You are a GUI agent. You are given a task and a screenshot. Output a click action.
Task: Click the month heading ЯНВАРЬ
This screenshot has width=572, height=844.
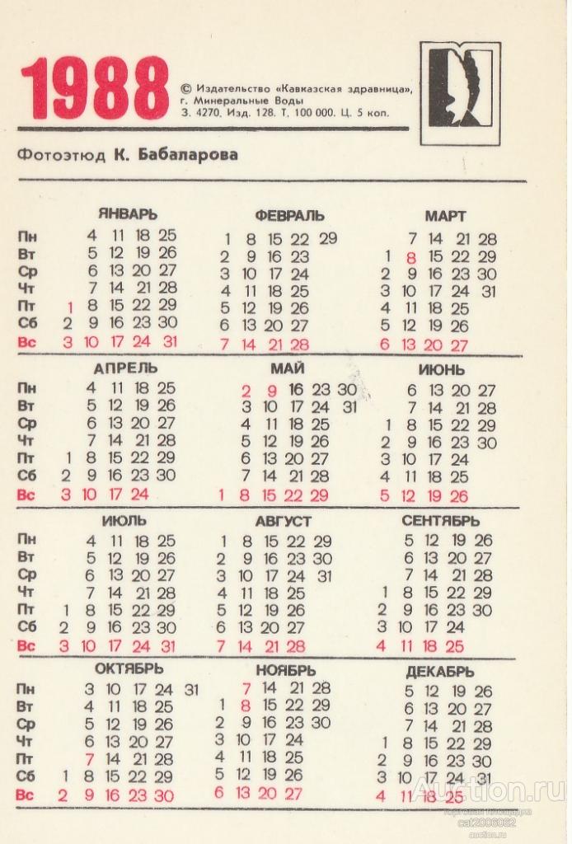coord(127,214)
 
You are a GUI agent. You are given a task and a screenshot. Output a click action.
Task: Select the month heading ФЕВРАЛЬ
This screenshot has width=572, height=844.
coord(289,216)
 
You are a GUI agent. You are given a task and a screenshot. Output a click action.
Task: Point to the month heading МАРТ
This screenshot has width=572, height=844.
coord(445,216)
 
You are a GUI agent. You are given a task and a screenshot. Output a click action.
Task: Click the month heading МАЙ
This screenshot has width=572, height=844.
coord(288,368)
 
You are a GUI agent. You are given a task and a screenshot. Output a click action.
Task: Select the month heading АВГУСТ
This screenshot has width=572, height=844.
coord(283,522)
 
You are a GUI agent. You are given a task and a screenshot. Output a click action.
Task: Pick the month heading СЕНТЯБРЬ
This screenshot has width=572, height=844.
coord(440,522)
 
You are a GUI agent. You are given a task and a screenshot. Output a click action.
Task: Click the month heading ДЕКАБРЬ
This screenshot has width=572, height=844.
coord(439,673)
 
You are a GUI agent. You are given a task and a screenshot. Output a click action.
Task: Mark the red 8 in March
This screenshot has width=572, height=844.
coord(410,257)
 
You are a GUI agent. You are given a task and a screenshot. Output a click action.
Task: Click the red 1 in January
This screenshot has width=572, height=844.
coord(70,307)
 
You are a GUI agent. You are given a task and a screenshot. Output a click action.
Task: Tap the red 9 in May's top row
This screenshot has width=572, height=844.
coord(271,391)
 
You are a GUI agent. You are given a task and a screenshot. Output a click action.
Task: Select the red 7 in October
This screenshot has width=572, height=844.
coord(90,759)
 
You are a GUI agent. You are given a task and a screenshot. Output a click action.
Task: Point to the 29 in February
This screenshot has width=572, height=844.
coord(328,239)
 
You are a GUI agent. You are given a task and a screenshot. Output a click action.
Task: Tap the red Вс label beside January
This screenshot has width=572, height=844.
coord(27,341)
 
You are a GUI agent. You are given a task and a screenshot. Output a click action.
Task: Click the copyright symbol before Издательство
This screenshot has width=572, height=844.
coord(185,87)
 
